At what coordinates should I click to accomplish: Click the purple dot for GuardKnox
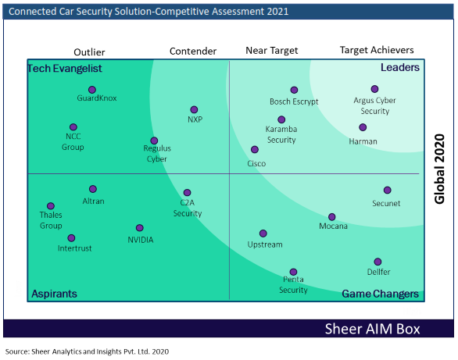92,90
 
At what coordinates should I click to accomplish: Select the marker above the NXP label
194,109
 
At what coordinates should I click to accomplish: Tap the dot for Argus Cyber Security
374,89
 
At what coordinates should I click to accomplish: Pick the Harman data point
363,127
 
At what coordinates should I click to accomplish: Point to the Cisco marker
255,150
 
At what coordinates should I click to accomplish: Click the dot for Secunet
388,191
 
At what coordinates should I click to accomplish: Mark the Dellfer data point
377,262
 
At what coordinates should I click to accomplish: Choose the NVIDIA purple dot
140,228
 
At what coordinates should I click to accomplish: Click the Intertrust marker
71,238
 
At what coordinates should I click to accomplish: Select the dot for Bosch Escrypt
294,90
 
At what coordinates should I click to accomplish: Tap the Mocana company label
333,226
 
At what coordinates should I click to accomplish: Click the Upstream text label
265,244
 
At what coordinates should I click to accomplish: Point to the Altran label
93,201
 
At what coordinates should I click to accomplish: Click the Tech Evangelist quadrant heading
65,68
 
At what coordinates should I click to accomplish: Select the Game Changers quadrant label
381,294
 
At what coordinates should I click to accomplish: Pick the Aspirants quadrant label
55,294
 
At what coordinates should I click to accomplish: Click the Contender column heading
193,51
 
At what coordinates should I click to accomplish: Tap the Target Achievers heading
377,50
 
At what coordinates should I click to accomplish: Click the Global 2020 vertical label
439,169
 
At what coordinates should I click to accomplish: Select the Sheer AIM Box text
372,329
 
